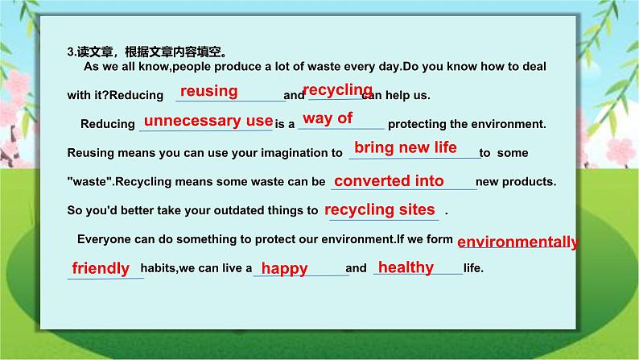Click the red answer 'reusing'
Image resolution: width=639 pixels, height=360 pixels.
pyautogui.click(x=209, y=91)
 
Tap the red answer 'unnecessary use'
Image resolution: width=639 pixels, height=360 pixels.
pyautogui.click(x=208, y=121)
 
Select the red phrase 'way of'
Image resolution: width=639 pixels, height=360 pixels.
pyautogui.click(x=328, y=118)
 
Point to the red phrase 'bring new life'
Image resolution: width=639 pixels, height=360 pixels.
pyautogui.click(x=406, y=147)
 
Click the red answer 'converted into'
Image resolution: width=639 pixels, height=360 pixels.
pyautogui.click(x=389, y=181)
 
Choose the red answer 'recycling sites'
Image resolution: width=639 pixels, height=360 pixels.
pyautogui.click(x=379, y=210)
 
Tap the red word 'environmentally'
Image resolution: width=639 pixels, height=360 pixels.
pyautogui.click(x=518, y=242)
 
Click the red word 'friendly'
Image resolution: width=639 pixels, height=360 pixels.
pyautogui.click(x=101, y=268)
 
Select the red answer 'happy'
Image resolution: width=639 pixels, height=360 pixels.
pyautogui.click(x=284, y=269)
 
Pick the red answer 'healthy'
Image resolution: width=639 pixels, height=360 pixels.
pyautogui.click(x=406, y=268)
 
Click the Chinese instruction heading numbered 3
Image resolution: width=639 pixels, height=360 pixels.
pyautogui.click(x=147, y=52)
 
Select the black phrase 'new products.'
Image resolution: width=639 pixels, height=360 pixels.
pyautogui.click(x=516, y=182)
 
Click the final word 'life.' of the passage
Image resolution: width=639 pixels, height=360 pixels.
pyautogui.click(x=473, y=268)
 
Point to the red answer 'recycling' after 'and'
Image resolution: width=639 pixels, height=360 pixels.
pyautogui.click(x=338, y=90)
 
